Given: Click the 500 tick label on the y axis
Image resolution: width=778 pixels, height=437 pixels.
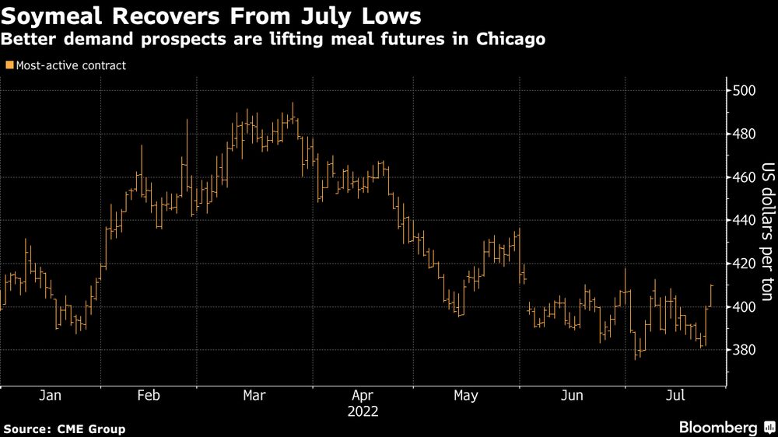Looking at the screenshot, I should (744, 91).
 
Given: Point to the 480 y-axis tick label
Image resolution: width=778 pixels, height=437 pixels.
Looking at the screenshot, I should (744, 135).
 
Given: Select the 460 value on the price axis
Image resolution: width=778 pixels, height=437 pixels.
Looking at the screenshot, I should (744, 178).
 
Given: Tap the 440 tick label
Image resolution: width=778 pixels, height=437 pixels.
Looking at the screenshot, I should (744, 221).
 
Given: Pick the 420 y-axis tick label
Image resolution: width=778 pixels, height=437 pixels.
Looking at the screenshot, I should (744, 264).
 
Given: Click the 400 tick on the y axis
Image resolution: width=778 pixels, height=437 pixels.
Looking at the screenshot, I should (744, 307).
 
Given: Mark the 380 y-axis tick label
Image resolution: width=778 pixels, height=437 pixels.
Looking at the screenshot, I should (744, 351).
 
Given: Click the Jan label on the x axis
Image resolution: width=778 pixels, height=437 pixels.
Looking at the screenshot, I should (50, 396).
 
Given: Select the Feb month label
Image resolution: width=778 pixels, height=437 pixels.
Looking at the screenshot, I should (149, 396).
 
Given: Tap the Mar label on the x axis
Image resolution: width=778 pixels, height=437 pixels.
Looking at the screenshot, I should (254, 396).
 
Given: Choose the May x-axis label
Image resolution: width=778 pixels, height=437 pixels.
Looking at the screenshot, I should (465, 396).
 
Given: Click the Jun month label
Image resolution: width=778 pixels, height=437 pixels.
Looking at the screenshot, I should (572, 396).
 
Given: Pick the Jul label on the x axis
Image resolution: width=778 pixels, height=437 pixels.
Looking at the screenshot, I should (675, 396).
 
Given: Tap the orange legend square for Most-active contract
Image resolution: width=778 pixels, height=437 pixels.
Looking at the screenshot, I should (9, 66).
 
